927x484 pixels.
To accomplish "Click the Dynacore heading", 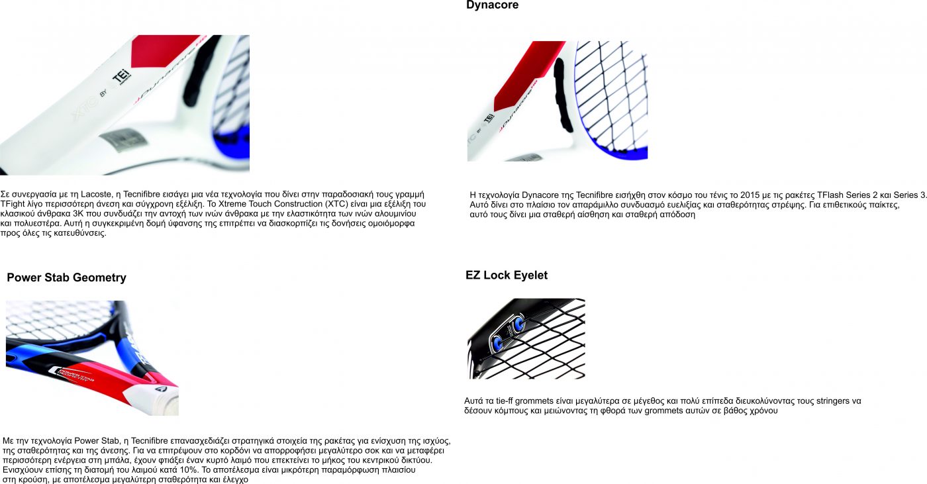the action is [x=492, y=5].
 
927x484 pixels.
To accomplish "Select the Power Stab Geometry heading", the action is [x=67, y=277].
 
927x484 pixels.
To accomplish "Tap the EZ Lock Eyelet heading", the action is [x=507, y=275].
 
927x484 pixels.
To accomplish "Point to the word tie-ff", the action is [x=505, y=401].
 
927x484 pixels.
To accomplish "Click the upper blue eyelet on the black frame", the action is [x=518, y=324].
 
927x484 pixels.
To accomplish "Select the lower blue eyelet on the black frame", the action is [x=497, y=342].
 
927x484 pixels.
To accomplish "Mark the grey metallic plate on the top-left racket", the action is [x=123, y=140].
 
